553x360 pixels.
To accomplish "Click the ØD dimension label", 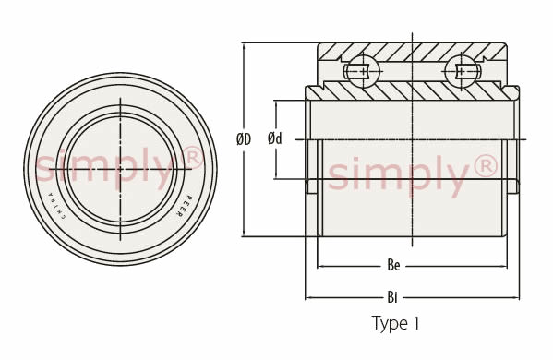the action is click(x=244, y=138).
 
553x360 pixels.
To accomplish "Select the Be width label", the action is click(x=393, y=265).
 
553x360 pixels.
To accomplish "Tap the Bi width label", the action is click(x=392, y=297).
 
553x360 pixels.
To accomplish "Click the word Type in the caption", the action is click(x=390, y=324).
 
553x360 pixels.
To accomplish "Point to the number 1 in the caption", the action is click(x=416, y=323).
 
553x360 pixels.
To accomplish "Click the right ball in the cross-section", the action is click(x=462, y=72).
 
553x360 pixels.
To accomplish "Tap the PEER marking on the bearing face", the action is click(x=184, y=206).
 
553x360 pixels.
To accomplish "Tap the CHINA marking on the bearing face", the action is click(x=57, y=206).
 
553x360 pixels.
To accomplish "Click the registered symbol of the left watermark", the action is click(x=193, y=158).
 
